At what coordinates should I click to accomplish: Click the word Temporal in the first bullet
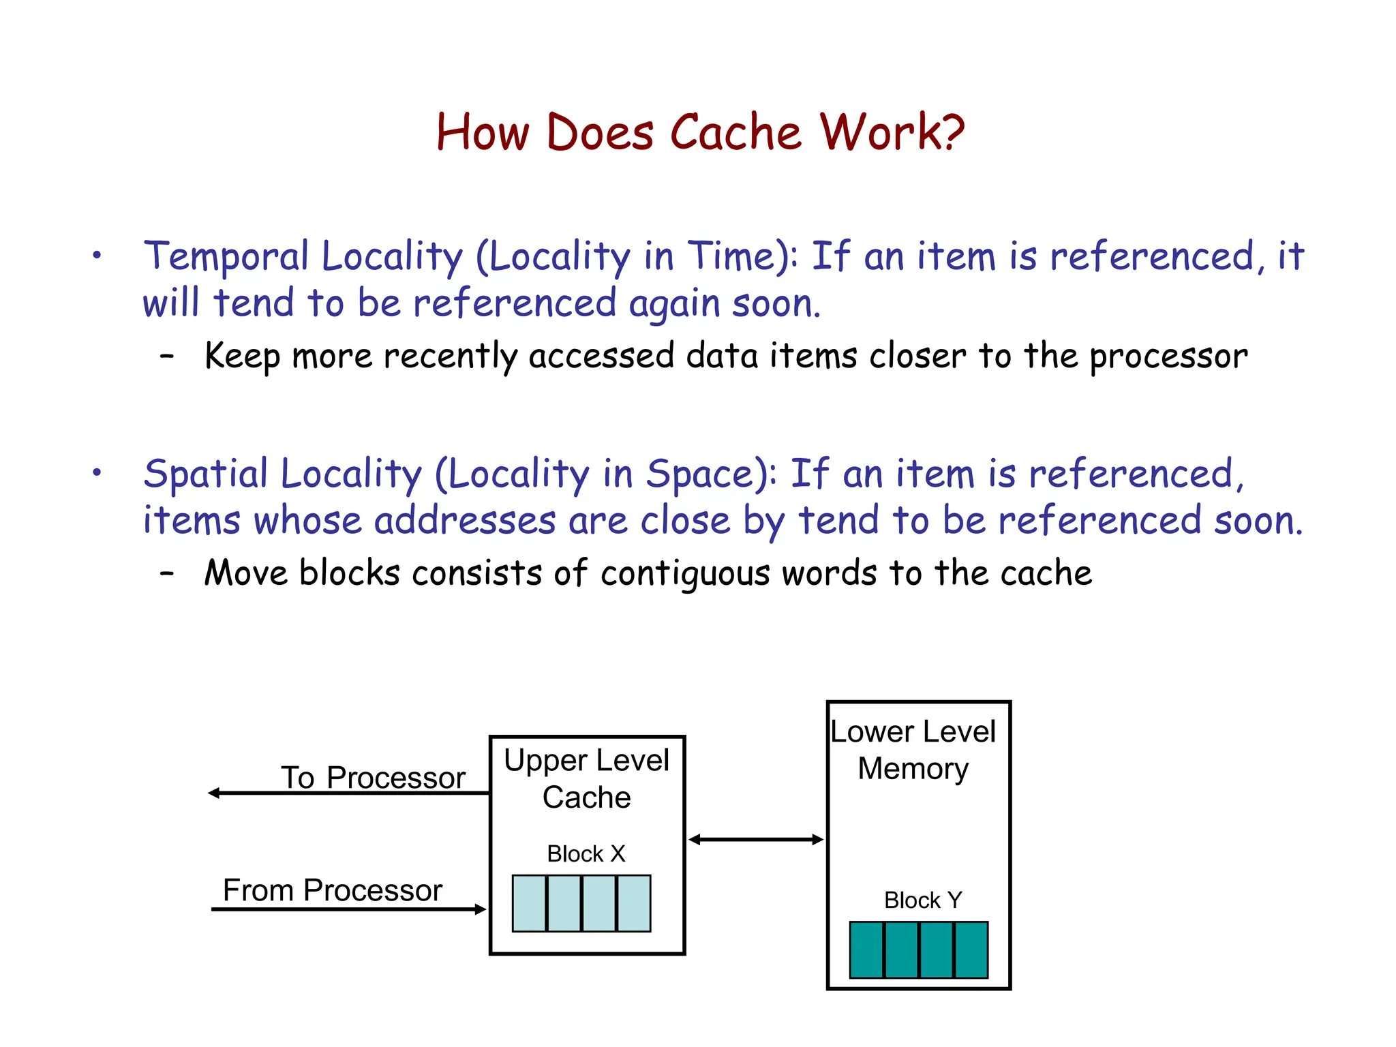click(226, 258)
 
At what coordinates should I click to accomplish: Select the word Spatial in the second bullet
click(206, 474)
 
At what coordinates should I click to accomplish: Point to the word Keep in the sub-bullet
click(241, 356)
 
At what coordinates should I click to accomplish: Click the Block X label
click(586, 853)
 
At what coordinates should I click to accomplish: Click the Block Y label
click(922, 900)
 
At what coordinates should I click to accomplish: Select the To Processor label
click(373, 778)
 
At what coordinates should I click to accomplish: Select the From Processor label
click(333, 890)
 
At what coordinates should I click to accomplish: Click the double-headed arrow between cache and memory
click(756, 840)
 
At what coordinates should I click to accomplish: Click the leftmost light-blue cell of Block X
click(529, 903)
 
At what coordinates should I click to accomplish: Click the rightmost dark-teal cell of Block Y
click(971, 950)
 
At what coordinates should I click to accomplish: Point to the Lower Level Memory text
click(913, 750)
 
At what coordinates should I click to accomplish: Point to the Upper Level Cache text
click(586, 778)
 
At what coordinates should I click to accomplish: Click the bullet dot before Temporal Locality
click(97, 256)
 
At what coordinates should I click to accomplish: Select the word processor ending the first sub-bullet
click(1168, 356)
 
